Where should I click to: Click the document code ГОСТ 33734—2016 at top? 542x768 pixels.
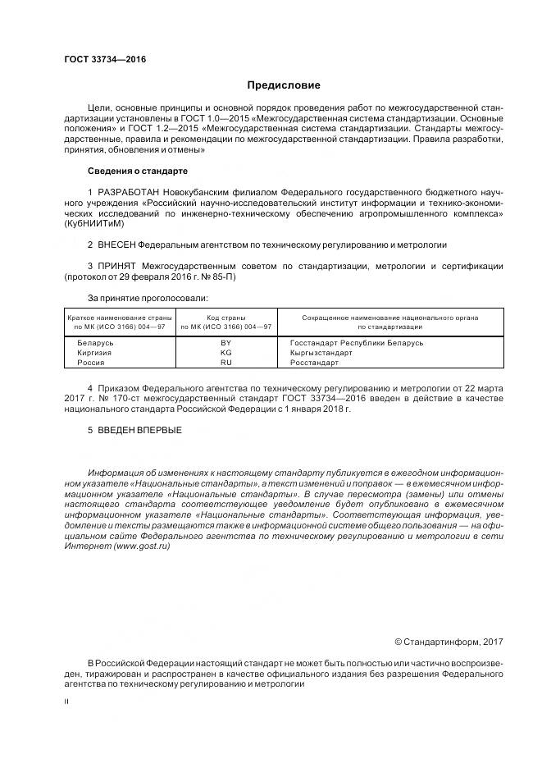[99, 60]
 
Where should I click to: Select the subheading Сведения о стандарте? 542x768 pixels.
[137, 171]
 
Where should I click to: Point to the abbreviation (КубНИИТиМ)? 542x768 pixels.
[93, 223]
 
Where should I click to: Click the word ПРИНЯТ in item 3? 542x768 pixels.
[116, 267]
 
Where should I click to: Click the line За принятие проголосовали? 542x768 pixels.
[148, 298]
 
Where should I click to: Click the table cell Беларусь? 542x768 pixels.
[95, 342]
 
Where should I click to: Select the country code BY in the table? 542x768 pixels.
[226, 342]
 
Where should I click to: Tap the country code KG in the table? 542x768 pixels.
[226, 352]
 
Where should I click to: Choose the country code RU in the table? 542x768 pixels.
[226, 362]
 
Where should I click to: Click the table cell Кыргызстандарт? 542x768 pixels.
[321, 352]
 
